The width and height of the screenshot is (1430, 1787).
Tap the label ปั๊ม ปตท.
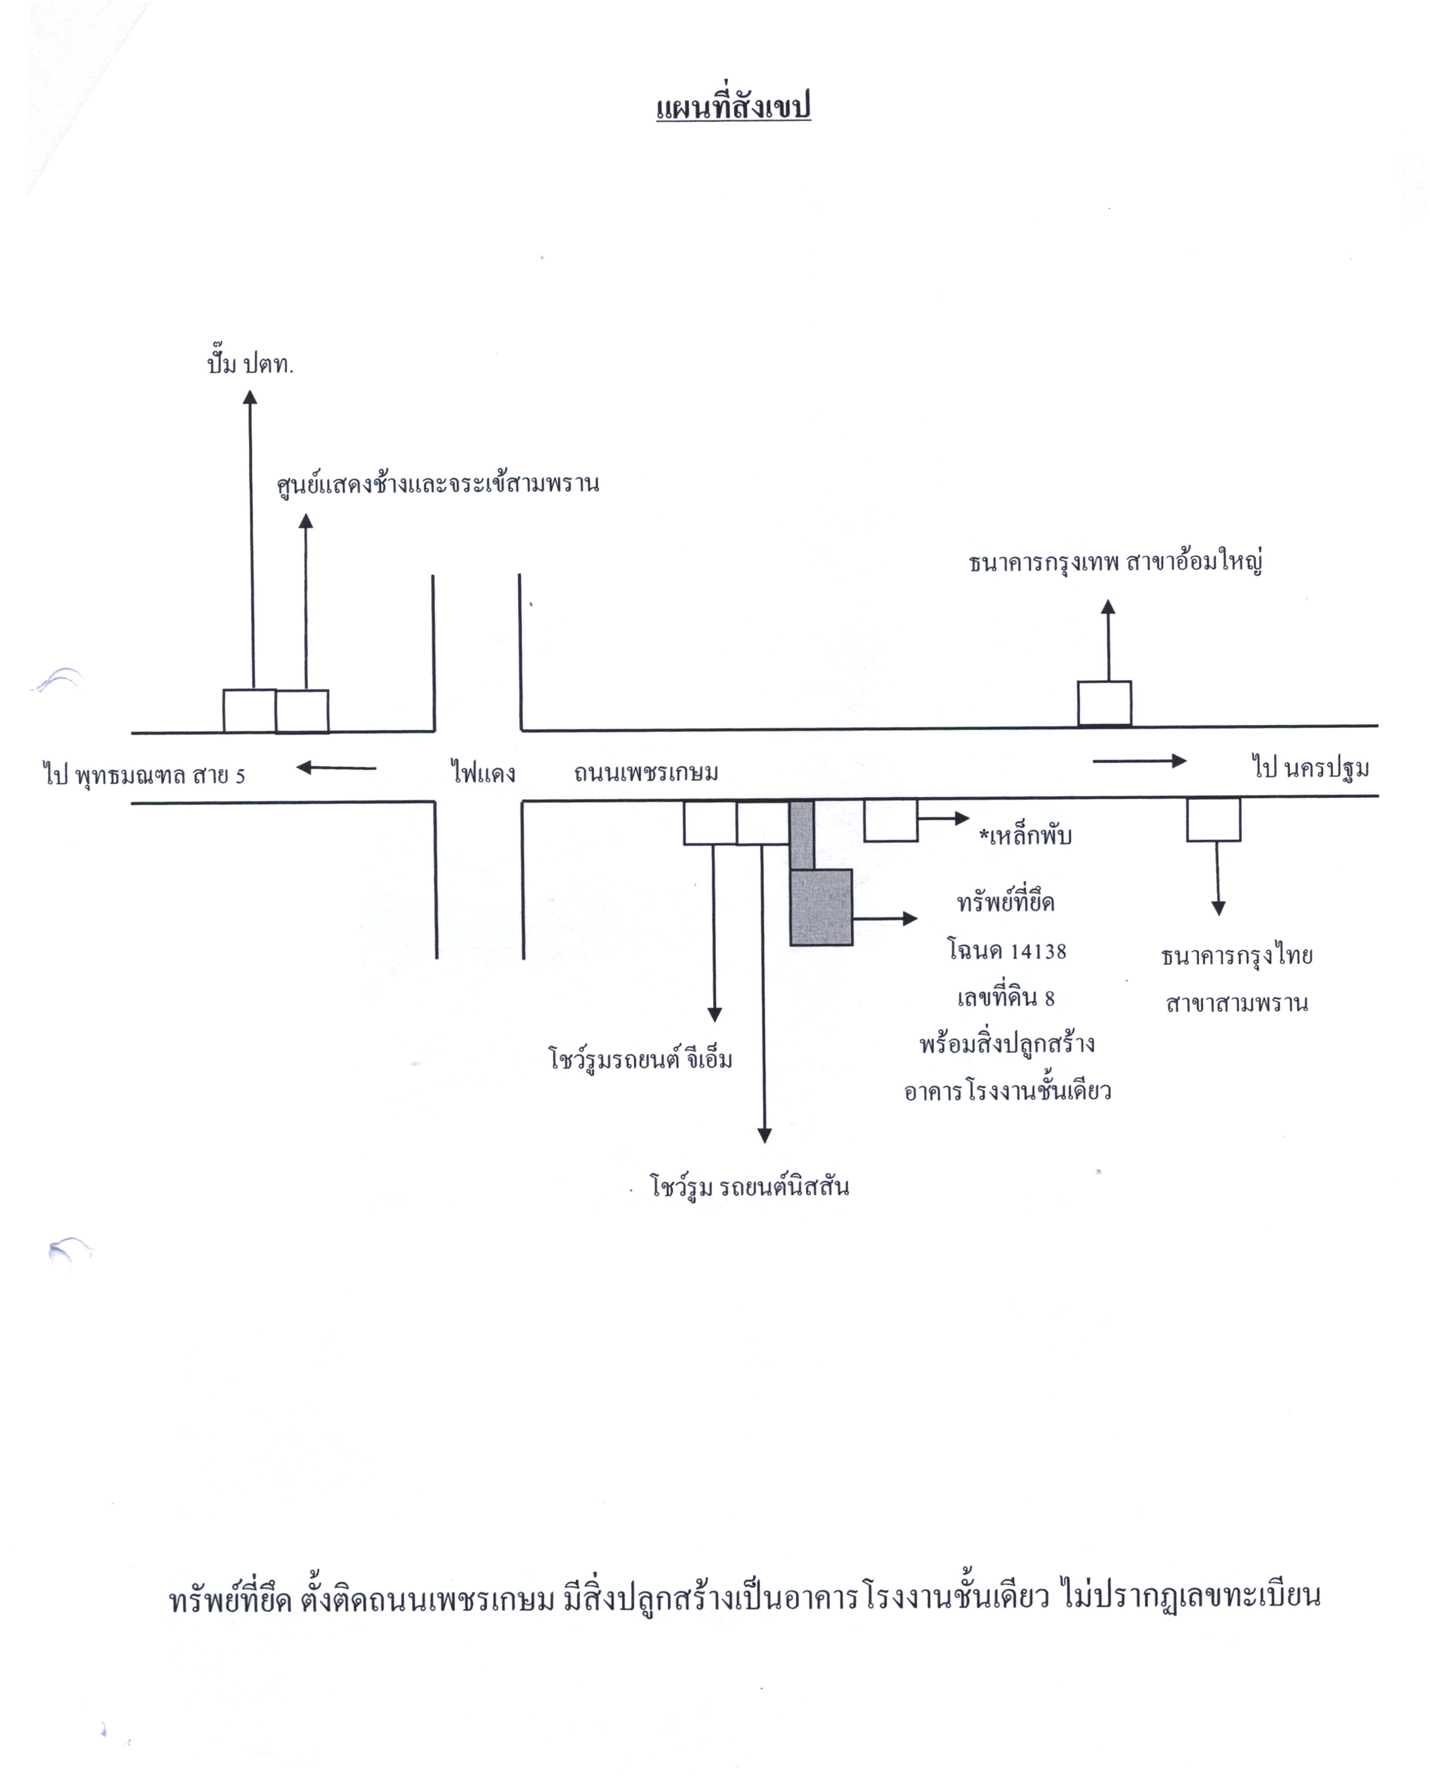click(x=251, y=363)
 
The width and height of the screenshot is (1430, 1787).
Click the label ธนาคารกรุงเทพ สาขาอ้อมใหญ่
click(x=1115, y=562)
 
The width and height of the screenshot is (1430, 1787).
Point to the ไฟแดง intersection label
click(x=483, y=772)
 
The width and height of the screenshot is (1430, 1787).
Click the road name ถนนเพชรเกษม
click(x=646, y=772)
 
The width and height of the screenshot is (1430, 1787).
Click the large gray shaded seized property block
click(x=820, y=907)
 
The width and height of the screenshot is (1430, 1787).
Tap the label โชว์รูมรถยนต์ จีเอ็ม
click(x=641, y=1059)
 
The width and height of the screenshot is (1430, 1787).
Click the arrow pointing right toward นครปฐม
click(x=1140, y=761)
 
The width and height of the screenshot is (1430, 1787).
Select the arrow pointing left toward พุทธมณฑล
click(x=337, y=767)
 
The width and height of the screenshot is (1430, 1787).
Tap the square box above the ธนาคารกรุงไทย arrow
click(x=1214, y=820)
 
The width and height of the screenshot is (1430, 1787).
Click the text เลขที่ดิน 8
click(x=1006, y=998)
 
